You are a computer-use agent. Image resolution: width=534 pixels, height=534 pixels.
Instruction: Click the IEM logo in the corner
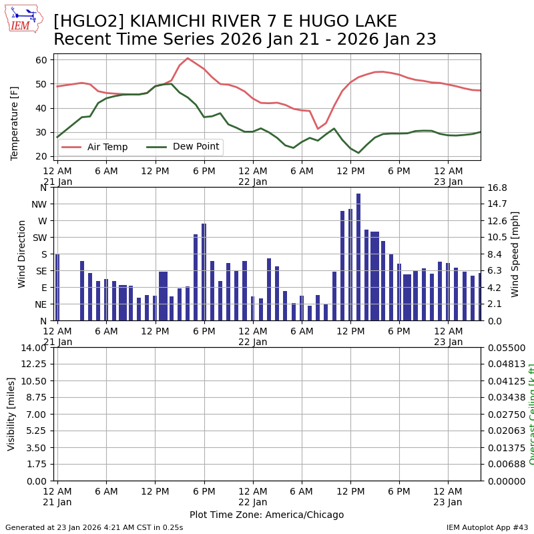click(x=23, y=19)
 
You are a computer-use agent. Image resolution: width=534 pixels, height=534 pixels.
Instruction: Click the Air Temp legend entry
click(x=107, y=147)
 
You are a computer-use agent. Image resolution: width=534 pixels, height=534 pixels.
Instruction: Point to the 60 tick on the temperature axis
click(x=41, y=60)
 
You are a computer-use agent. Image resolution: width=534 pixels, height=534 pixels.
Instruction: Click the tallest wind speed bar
click(x=358, y=257)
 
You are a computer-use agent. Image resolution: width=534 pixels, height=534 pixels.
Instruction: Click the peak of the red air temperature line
click(x=188, y=58)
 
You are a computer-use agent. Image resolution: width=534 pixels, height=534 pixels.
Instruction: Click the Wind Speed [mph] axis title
click(x=515, y=254)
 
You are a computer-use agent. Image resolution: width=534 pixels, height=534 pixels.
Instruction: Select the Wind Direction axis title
click(x=22, y=254)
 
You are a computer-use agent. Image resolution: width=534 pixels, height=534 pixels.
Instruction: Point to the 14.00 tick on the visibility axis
click(x=33, y=348)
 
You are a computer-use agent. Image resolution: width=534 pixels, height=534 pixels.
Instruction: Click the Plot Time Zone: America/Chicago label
click(x=266, y=515)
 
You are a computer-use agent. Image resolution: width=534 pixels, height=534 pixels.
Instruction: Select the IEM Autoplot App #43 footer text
click(x=487, y=527)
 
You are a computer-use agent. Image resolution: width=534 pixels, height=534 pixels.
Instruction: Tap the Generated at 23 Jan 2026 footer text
click(x=94, y=527)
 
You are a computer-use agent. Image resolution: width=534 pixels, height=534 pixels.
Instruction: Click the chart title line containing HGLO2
click(x=225, y=22)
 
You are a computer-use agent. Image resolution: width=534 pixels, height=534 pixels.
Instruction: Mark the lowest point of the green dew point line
click(x=358, y=153)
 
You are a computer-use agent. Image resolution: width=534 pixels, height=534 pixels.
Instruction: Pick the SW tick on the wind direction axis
click(x=39, y=238)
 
